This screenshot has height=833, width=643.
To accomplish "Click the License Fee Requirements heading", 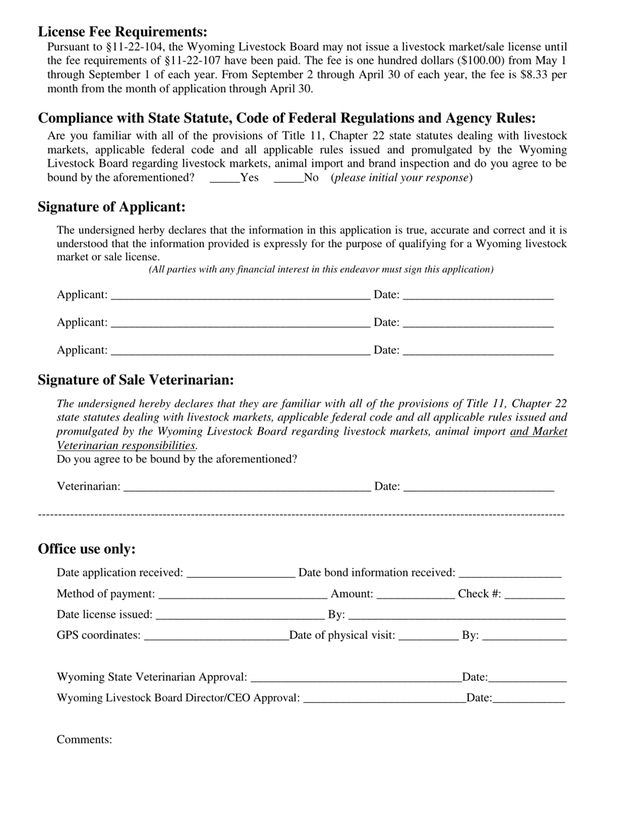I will tap(123, 32).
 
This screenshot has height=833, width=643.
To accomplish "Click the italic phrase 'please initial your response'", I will tap(401, 178).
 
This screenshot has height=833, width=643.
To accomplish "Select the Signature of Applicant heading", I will tap(112, 207).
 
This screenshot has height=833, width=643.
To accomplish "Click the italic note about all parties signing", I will tap(321, 270).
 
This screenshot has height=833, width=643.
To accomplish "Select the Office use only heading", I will tap(87, 549).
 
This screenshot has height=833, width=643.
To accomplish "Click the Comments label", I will tap(85, 740).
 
